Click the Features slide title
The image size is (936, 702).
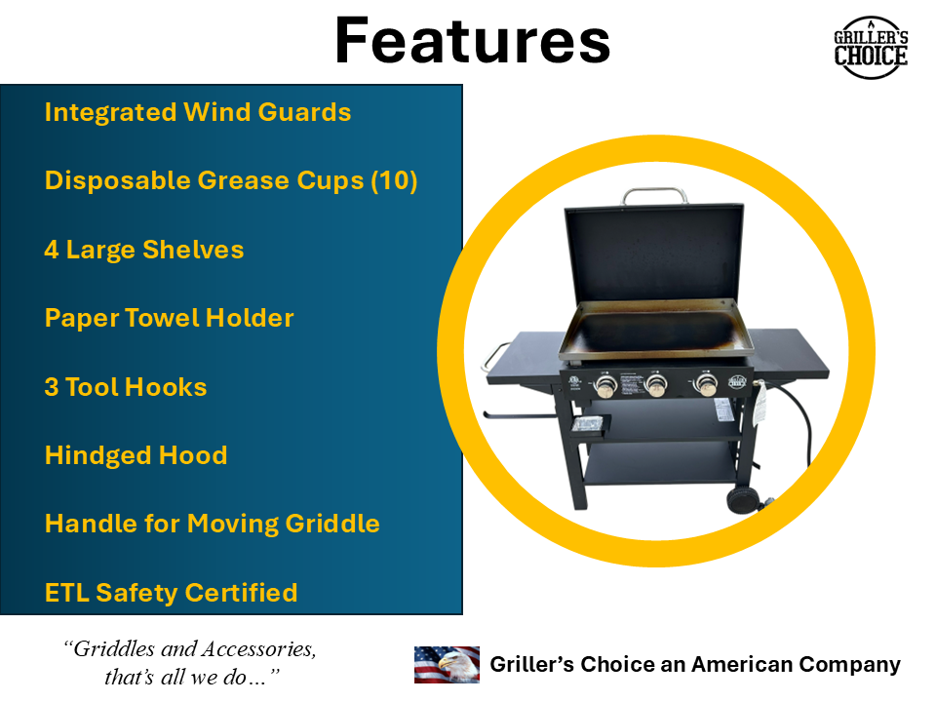coord(472,41)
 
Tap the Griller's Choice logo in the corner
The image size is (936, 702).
coord(870,47)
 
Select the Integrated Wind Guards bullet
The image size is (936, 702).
coord(197,112)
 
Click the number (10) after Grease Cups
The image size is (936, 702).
coord(394,181)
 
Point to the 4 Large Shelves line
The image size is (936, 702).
coord(143,250)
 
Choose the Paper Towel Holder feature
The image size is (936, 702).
coord(169,318)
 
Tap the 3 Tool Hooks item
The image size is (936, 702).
coord(125,387)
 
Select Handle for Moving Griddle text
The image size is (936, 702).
coord(212,524)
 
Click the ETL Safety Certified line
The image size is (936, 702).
coord(171,593)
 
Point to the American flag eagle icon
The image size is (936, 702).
coord(447,665)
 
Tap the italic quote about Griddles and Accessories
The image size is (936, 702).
coord(189,663)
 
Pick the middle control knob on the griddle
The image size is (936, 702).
coord(655,387)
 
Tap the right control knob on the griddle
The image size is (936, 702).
coord(706,385)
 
